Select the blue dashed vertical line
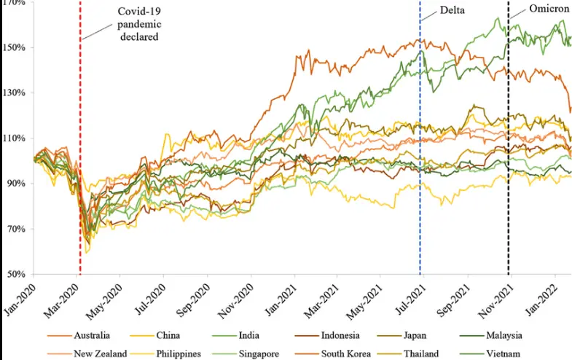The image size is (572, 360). (x=420, y=182)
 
